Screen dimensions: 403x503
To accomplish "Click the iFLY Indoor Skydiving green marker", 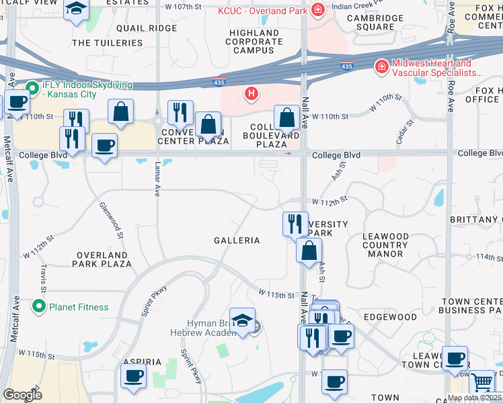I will [32, 87].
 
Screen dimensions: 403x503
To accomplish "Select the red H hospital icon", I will [251, 93].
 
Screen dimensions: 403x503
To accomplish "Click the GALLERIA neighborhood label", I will [237, 240].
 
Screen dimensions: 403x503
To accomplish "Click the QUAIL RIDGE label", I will [146, 28].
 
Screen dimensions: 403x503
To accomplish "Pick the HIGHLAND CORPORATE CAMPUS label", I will [254, 41].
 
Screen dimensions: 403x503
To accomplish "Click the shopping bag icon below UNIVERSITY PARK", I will [308, 251].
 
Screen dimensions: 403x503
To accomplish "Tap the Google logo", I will [22, 395].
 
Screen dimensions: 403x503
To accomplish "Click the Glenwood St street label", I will [112, 221].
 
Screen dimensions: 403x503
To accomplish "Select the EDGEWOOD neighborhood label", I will [390, 316].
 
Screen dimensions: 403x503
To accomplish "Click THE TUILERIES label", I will [107, 42].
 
